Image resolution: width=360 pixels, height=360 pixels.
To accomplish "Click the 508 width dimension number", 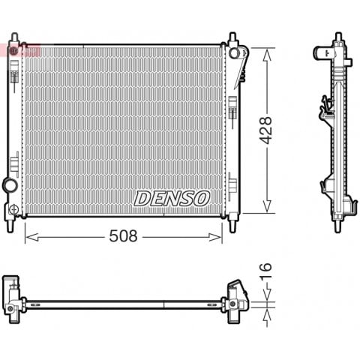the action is pos(123,235).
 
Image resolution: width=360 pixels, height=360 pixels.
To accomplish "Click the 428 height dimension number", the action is pos(265,130).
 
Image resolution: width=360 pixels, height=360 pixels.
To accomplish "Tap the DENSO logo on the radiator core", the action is pos(172,199).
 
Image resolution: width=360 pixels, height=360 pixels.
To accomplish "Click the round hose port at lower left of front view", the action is pos(10,185).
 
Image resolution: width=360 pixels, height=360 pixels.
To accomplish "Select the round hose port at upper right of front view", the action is pos(234,52).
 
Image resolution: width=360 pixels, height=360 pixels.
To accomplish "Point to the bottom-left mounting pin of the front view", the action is pos(10,226).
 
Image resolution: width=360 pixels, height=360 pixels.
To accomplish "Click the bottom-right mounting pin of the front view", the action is pos(232,226).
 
